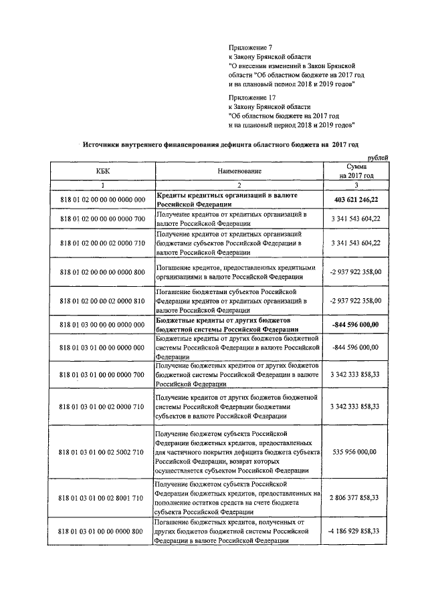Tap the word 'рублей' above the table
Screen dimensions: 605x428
377,156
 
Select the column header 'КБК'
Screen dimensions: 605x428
102,170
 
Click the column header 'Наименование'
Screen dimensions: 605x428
238,170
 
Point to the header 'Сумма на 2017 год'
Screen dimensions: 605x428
356,170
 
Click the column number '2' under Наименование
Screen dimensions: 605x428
238,184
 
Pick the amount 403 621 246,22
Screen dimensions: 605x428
356,199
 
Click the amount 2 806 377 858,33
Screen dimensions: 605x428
356,497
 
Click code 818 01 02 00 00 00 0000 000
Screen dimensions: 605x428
102,199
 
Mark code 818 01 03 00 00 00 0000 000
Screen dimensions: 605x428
102,324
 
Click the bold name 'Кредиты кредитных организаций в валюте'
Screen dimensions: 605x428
227,195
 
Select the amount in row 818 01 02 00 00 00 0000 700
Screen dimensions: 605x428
356,219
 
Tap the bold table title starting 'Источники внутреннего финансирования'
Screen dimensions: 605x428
221,144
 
